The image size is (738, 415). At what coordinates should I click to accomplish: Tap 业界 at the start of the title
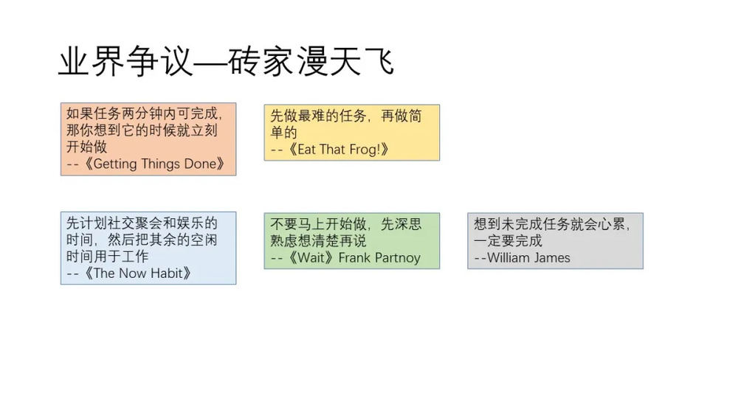pos(90,62)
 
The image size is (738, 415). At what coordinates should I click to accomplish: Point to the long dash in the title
pos(212,63)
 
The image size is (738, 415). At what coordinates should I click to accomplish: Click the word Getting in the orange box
pos(115,164)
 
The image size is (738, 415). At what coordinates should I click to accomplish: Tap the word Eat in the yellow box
pos(306,150)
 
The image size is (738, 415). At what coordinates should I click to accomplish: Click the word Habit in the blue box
pos(166,273)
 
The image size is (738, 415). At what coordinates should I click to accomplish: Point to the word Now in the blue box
pos(132,273)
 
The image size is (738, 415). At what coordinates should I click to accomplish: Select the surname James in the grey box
pos(550,257)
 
